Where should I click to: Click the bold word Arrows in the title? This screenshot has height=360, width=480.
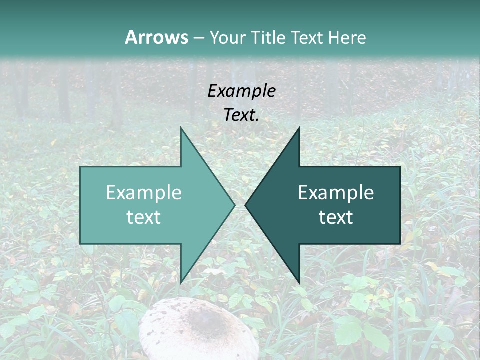[x=156, y=37]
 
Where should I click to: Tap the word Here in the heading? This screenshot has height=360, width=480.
[x=347, y=37]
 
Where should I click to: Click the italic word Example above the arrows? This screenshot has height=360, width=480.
[x=241, y=91]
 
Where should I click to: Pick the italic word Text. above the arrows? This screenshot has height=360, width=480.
[x=241, y=115]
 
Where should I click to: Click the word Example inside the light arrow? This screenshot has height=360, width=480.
[x=144, y=193]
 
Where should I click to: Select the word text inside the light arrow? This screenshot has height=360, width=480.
[x=144, y=217]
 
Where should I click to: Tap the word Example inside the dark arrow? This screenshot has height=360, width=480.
[x=336, y=193]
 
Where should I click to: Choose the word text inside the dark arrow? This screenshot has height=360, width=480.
[x=336, y=217]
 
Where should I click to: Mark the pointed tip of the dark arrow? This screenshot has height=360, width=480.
[x=247, y=205]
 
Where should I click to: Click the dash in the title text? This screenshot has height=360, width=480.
[x=198, y=38]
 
